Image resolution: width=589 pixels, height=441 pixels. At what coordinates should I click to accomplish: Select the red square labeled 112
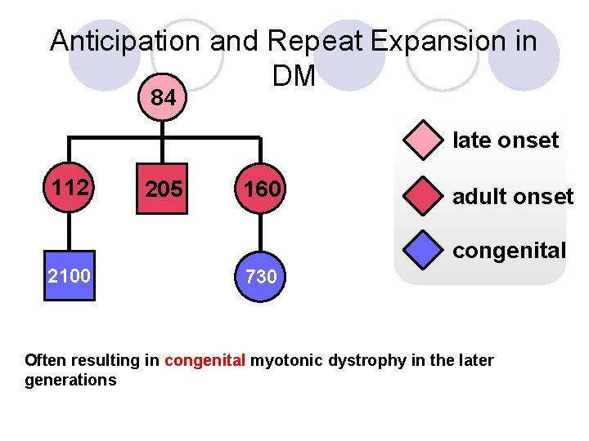tap(70, 189)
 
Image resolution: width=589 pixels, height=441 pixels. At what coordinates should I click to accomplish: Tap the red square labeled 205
tap(164, 189)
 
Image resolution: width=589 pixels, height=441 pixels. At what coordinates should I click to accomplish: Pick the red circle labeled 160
tap(261, 189)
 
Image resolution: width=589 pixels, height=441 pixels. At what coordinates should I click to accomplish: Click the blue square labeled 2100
tap(70, 275)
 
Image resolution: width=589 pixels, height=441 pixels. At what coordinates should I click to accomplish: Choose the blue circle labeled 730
tap(261, 276)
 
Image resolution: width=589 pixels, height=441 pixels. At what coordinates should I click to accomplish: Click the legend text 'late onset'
tap(506, 140)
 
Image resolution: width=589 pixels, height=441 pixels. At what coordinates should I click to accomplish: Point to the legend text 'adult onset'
tap(513, 197)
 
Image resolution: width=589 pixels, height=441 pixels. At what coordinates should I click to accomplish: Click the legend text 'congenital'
tap(509, 251)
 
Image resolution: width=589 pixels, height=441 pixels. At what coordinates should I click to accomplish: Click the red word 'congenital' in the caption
tap(205, 361)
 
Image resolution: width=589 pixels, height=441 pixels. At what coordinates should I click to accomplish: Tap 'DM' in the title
tap(294, 76)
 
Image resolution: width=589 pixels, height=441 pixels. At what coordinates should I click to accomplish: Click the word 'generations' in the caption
tap(70, 381)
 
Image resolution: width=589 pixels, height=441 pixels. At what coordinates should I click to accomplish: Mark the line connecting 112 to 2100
tap(70, 232)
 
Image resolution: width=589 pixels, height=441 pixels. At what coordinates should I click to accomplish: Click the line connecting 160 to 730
tap(261, 233)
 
